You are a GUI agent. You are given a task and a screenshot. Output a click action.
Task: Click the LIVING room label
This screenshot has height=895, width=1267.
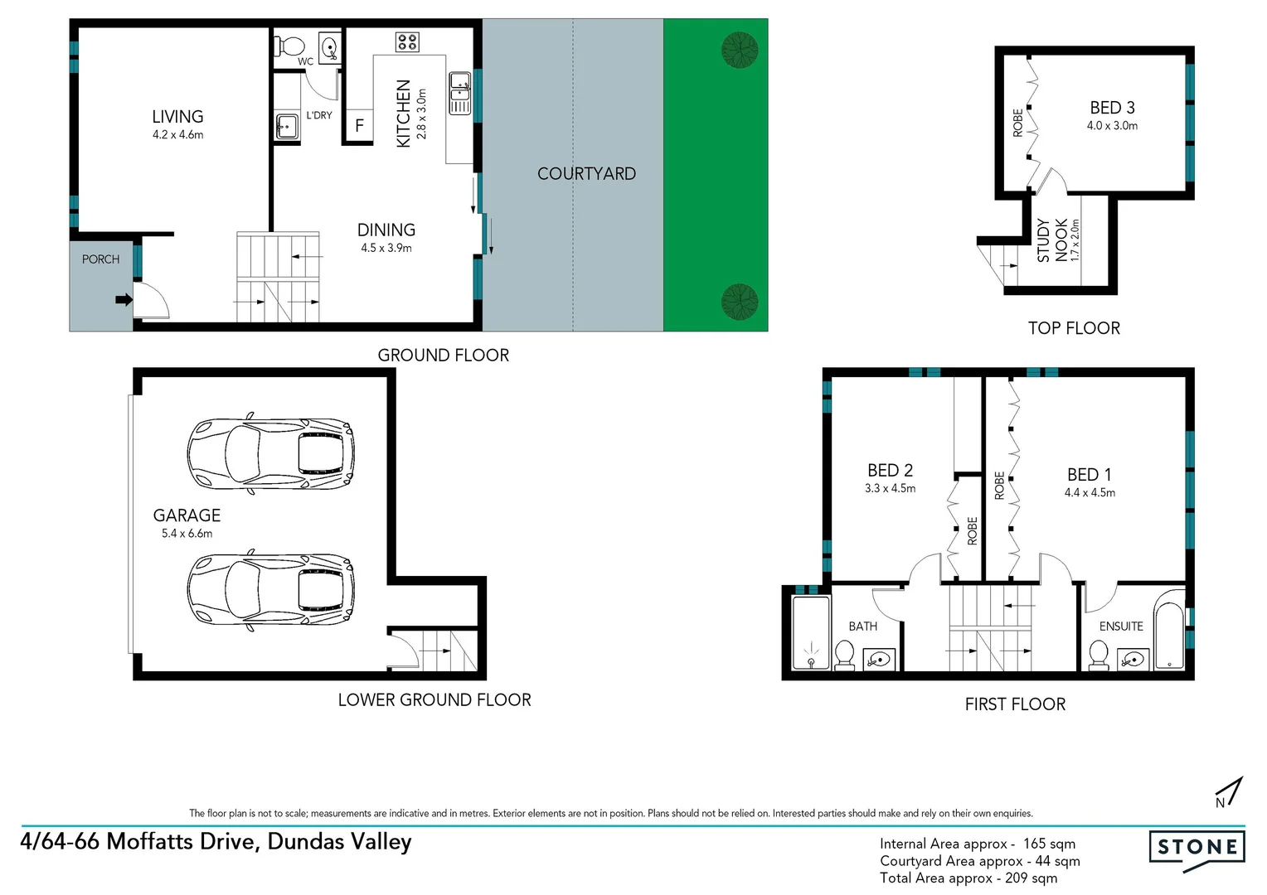[x=177, y=117]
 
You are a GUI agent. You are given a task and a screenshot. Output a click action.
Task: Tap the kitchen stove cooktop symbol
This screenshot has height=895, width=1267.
[x=407, y=41]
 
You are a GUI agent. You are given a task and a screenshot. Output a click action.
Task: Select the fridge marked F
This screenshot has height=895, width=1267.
[x=359, y=126]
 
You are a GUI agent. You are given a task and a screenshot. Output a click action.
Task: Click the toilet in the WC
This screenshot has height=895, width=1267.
[x=290, y=45]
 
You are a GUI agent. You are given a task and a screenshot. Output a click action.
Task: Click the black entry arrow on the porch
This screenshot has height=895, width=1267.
[x=124, y=299]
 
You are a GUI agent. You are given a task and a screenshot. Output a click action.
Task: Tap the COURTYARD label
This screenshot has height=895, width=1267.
[x=586, y=174]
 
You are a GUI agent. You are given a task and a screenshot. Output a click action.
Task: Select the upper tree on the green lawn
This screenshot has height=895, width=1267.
[x=740, y=50]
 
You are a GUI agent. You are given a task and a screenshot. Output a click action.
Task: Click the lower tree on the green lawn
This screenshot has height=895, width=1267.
[x=740, y=302]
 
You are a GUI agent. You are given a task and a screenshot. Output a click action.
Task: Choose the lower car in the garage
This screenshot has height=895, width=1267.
[x=270, y=588]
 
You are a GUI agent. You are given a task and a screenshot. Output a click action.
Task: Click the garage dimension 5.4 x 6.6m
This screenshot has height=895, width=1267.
[x=187, y=534]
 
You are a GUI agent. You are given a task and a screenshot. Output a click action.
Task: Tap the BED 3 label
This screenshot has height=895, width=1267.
[x=1112, y=108]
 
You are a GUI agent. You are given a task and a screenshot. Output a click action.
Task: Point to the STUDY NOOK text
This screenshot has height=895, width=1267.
[x=1051, y=240]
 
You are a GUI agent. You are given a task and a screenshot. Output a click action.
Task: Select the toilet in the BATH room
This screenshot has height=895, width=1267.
[x=844, y=654]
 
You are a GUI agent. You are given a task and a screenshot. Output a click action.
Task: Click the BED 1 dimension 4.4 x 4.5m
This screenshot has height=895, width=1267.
[x=1090, y=493]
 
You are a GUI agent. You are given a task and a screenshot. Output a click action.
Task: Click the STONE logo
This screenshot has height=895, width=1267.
[x=1197, y=848]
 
